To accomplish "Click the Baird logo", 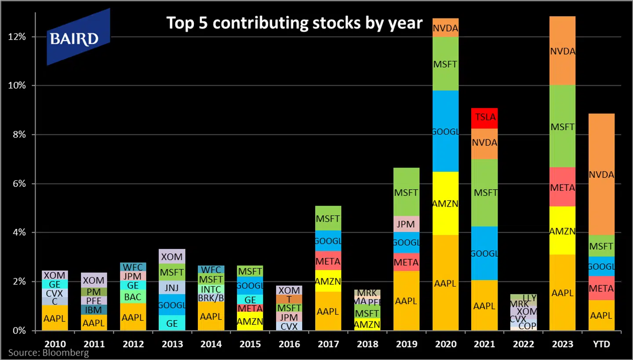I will tap(78, 38).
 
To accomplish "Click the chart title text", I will tap(294, 23).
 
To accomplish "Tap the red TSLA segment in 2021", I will tap(484, 118).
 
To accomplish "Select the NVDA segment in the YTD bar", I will tap(601, 175).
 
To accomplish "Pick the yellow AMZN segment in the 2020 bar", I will tap(445, 203).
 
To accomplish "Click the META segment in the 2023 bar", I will tap(562, 187).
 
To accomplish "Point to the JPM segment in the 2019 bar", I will tap(406, 224).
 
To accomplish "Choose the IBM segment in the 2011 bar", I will tap(94, 310).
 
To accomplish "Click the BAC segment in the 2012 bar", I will tap(132, 297).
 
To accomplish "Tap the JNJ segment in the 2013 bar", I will tap(172, 287).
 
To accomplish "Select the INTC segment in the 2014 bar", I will tap(211, 290).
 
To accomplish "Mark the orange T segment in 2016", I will tap(289, 299).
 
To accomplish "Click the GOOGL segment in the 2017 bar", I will tap(328, 241).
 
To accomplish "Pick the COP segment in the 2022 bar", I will tap(524, 326).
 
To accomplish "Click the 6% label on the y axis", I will tap(20, 184).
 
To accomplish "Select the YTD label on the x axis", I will tap(601, 344).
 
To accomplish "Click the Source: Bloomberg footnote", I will tap(48, 353).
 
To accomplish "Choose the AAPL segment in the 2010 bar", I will tap(55, 319).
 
